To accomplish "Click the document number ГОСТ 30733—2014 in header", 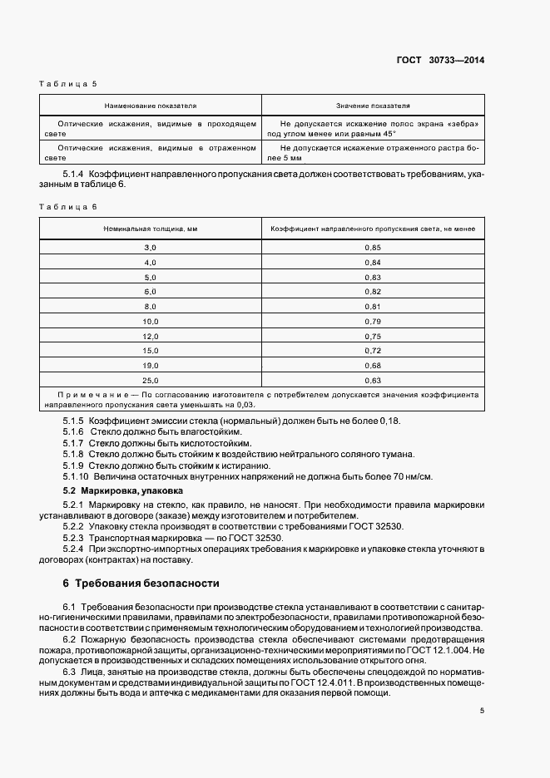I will (440, 60).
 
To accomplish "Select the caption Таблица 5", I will (68, 85).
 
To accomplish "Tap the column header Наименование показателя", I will (150, 106).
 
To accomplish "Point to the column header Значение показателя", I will (373, 106).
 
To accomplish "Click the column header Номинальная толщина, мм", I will (150, 228).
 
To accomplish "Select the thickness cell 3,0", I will (150, 249).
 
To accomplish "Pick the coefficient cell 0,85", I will (373, 249).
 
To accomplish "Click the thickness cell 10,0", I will (150, 321).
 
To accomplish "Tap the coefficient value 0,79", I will (373, 321).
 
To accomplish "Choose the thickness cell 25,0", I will (150, 379).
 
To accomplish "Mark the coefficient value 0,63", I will (373, 379).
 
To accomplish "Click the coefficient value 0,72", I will (373, 350).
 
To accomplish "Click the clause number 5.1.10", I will (76, 476).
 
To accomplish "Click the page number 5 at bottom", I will (482, 711).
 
